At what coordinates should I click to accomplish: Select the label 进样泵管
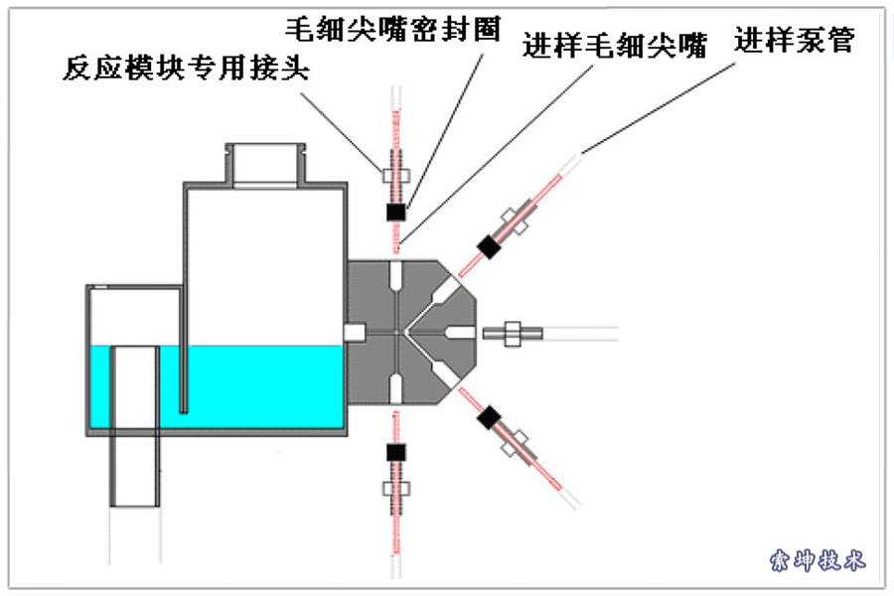795,41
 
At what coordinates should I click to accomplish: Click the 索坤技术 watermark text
818,561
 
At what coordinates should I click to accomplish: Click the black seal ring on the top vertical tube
396,213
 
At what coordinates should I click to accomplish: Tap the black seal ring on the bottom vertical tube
396,452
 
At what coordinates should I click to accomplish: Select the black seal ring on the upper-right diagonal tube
488,245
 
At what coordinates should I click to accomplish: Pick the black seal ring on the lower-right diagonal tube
488,418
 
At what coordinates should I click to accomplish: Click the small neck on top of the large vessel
263,165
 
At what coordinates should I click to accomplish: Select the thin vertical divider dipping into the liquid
184,348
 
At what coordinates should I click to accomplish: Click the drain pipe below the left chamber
135,467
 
